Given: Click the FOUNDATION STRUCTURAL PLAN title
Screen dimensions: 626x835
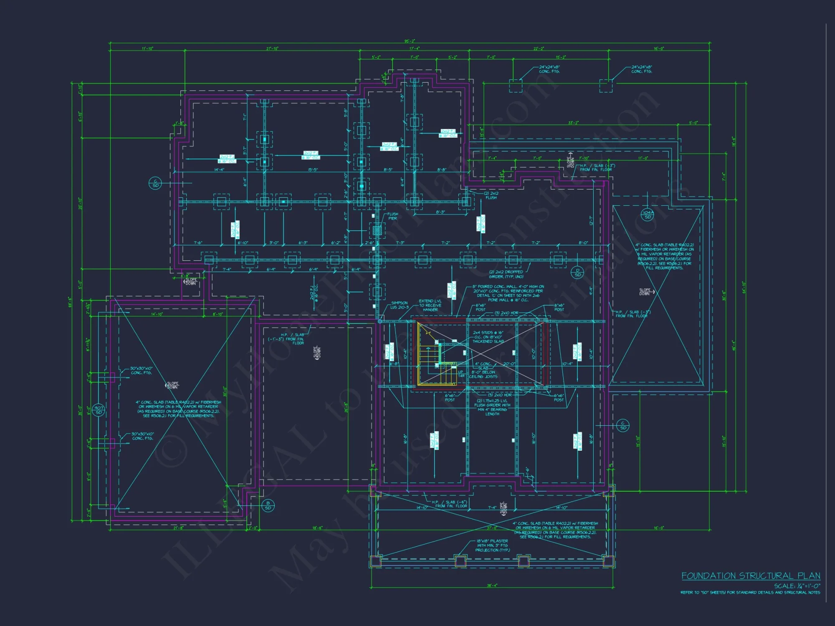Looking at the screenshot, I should [x=751, y=576].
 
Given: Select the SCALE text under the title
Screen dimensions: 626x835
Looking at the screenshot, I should [x=797, y=586].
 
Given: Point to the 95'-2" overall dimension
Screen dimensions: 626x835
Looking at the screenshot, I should [x=410, y=41].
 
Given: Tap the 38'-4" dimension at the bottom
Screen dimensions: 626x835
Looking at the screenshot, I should [x=492, y=586].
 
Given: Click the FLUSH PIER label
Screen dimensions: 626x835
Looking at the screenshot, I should [x=392, y=216].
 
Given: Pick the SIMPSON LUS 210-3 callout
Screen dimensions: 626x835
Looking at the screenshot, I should [x=400, y=305].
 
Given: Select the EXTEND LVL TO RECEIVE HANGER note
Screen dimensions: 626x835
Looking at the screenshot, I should [x=430, y=305].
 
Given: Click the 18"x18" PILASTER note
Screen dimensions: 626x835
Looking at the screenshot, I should [x=492, y=545].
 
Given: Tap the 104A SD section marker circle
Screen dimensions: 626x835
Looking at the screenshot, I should [x=648, y=215].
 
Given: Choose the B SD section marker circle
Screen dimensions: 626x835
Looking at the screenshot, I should [x=268, y=505].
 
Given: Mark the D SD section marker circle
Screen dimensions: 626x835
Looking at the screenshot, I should [x=577, y=273].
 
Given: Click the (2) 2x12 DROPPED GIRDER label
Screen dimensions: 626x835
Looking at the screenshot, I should [x=506, y=274].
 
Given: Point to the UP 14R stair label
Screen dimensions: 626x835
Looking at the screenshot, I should [x=461, y=374].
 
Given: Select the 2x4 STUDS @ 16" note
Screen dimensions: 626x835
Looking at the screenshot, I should [x=488, y=337].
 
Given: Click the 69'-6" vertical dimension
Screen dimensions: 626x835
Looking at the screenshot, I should [x=70, y=302].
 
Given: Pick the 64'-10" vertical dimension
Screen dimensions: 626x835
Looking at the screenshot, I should [x=744, y=287].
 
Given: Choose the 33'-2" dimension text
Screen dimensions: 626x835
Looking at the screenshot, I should [x=573, y=123].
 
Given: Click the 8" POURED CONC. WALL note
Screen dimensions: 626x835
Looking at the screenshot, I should [x=508, y=293].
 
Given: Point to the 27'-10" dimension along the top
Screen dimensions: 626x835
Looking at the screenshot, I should [x=272, y=49].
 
